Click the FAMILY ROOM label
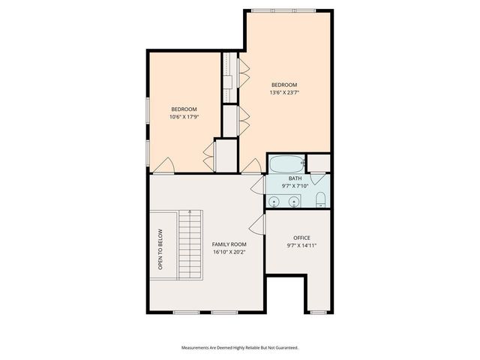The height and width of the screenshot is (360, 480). click(229, 244)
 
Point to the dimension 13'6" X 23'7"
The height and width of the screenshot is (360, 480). click(284, 93)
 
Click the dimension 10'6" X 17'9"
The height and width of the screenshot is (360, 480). click(184, 117)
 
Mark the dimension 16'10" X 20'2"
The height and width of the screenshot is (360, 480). click(229, 253)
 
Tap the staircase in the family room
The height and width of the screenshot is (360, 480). click(190, 244)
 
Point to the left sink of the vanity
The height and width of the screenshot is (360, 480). click(274, 201)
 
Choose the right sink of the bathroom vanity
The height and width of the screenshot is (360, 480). click(294, 201)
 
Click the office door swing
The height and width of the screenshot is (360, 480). click(259, 223)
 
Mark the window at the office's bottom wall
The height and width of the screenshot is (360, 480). click(319, 311)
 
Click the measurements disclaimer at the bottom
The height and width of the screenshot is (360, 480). click(240, 347)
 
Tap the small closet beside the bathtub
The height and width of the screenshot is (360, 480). click(319, 163)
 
